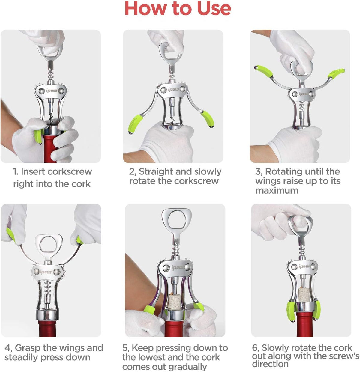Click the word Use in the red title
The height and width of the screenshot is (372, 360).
(214, 8)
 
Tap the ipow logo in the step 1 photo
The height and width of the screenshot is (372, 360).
(52, 91)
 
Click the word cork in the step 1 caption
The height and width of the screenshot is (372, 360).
(81, 184)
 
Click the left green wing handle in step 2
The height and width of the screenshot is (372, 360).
(135, 124)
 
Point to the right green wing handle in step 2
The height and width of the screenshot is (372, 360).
(207, 119)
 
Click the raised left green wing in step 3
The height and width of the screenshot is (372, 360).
(263, 71)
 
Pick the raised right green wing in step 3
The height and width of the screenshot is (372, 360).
(336, 73)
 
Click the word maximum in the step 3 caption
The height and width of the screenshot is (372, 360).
(277, 191)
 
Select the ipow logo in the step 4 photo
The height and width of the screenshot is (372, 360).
(46, 272)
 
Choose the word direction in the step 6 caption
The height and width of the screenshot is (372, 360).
(270, 364)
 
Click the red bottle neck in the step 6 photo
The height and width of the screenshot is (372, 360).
(304, 325)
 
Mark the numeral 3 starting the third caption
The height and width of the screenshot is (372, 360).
(258, 172)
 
